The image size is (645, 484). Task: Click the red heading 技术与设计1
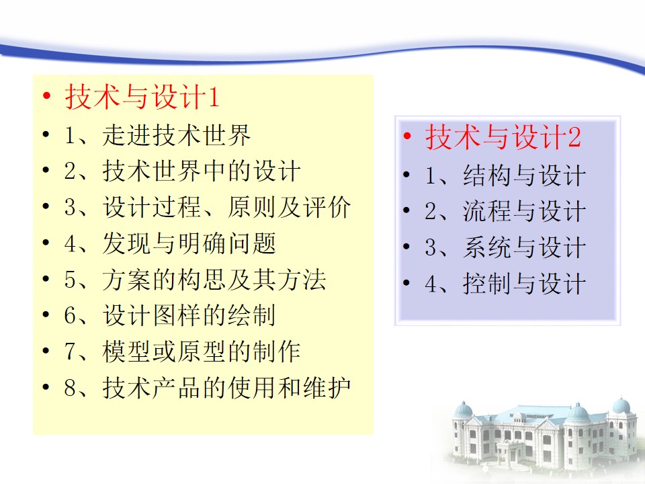pos(142,97)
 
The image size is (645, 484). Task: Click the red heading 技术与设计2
pos(503,137)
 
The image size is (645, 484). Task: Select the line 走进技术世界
pos(177,135)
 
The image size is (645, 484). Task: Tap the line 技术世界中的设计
pos(202,171)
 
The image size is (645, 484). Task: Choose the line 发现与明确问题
pos(189,243)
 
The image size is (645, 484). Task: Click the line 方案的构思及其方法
pos(214,280)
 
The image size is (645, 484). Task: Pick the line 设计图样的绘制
pos(189,315)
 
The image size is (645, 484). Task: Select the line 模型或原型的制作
pos(202,352)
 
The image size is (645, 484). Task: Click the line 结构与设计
pos(525,175)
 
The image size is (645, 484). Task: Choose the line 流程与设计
pos(525,212)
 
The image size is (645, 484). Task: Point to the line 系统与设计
pos(525,248)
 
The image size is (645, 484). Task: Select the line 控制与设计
pos(525,284)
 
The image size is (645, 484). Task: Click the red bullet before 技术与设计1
pos(46,96)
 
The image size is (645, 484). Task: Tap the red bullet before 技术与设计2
pos(407,136)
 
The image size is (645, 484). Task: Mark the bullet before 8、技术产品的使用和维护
pos(46,387)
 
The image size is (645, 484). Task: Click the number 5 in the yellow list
pos(70,280)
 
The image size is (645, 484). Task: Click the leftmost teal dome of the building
pos(464,409)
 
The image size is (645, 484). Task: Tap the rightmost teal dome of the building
pos(621,406)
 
